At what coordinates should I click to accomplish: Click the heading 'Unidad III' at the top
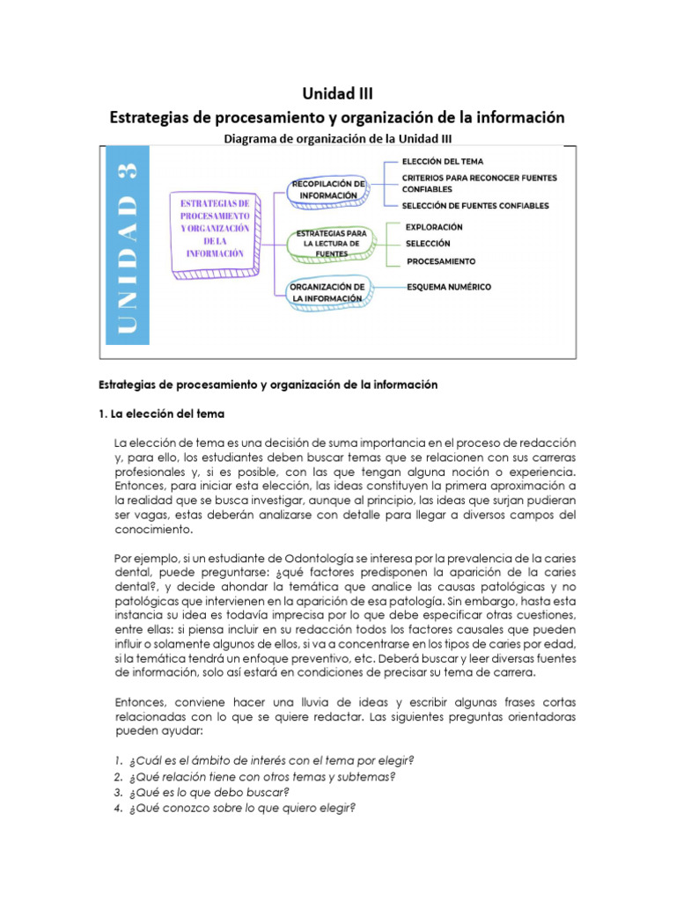click(x=337, y=92)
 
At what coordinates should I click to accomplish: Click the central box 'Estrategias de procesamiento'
click(x=215, y=228)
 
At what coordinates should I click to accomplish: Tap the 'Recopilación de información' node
click(x=327, y=189)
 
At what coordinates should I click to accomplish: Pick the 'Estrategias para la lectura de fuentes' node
click(x=327, y=242)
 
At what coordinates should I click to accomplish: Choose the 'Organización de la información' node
click(x=327, y=293)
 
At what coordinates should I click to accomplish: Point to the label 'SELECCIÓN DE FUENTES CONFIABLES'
click(x=474, y=206)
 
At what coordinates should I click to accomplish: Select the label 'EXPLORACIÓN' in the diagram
click(x=434, y=227)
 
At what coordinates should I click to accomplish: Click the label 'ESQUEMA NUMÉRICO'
click(x=449, y=287)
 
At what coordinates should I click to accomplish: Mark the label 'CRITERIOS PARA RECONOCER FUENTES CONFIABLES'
click(x=479, y=183)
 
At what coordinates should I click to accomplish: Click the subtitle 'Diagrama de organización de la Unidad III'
click(x=337, y=138)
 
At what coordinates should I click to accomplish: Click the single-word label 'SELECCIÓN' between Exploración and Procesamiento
click(x=428, y=243)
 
